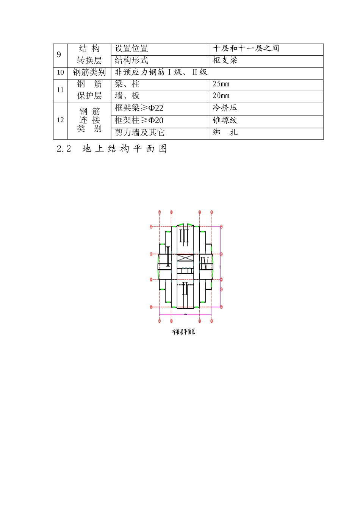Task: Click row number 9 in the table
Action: coord(59,55)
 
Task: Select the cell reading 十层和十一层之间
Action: coord(246,48)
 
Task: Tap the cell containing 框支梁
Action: coord(225,61)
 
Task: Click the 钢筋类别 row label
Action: coord(89,72)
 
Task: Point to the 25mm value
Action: coord(221,84)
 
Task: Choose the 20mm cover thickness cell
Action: coord(221,96)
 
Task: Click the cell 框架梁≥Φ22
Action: coord(139,108)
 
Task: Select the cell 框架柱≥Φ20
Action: coord(139,120)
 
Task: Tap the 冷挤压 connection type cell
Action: coord(225,108)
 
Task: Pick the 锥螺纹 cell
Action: coord(225,120)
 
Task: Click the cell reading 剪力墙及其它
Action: coord(140,133)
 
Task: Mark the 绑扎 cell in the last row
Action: coord(225,133)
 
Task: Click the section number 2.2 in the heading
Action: coord(64,149)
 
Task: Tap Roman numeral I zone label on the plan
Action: coord(168,256)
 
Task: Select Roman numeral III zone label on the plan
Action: coord(184,236)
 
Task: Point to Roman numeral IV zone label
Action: coord(205,263)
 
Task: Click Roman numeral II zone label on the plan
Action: coord(185,289)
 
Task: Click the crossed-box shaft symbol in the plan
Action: coord(185,258)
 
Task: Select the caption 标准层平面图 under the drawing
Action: coord(184,332)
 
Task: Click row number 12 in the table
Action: coord(60,120)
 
